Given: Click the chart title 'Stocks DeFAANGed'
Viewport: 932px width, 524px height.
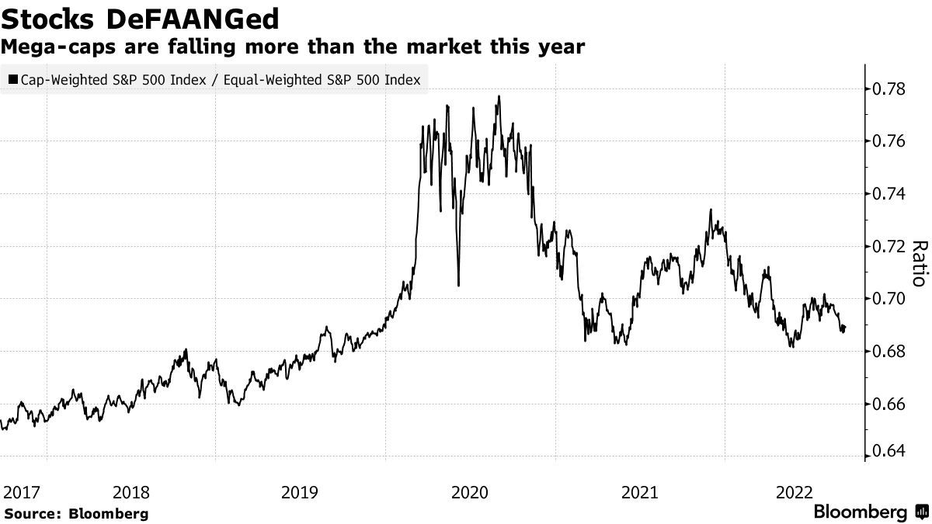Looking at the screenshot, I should pos(140,17).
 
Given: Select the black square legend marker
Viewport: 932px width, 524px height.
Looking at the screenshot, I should pos(13,80).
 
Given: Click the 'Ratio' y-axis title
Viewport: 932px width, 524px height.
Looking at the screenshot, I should pos(919,264).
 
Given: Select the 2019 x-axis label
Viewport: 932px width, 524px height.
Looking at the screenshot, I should pos(301,492).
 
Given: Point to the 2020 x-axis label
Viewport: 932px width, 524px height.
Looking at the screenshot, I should pos(470,492).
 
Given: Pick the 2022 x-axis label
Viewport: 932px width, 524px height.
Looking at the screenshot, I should pos(795,492).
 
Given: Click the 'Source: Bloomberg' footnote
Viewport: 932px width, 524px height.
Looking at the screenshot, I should pos(75,513).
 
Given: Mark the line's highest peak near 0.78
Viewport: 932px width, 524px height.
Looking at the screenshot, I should pos(499,96).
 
